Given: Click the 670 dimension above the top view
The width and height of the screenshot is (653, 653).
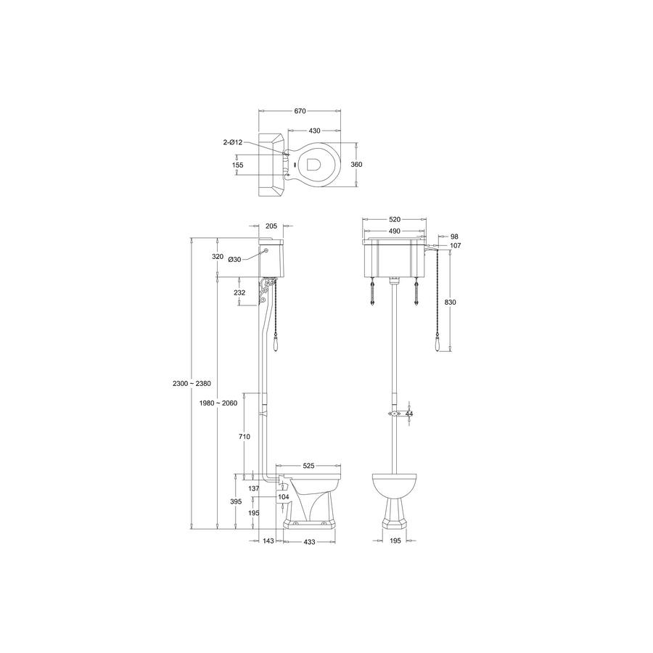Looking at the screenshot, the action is click(x=300, y=111).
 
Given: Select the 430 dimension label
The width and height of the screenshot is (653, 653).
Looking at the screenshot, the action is click(x=314, y=131).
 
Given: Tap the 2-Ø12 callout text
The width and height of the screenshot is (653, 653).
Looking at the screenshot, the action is click(x=233, y=142).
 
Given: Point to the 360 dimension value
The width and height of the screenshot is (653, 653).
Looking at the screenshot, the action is click(x=356, y=165).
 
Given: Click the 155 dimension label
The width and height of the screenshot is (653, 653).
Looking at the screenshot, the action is click(x=237, y=165).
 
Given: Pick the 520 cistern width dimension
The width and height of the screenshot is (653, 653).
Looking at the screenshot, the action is click(x=395, y=219).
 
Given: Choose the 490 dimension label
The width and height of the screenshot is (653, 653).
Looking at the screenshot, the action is click(x=394, y=231).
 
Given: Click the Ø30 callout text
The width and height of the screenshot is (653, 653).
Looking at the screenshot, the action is click(x=234, y=260).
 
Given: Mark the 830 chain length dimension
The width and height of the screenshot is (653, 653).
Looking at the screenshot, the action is click(x=450, y=303).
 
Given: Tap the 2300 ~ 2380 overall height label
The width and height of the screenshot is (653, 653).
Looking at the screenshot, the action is click(x=192, y=384).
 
